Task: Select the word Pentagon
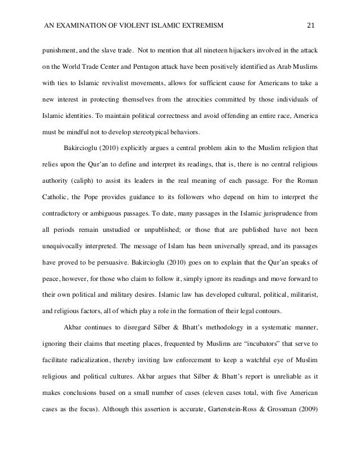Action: coord(157,66)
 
